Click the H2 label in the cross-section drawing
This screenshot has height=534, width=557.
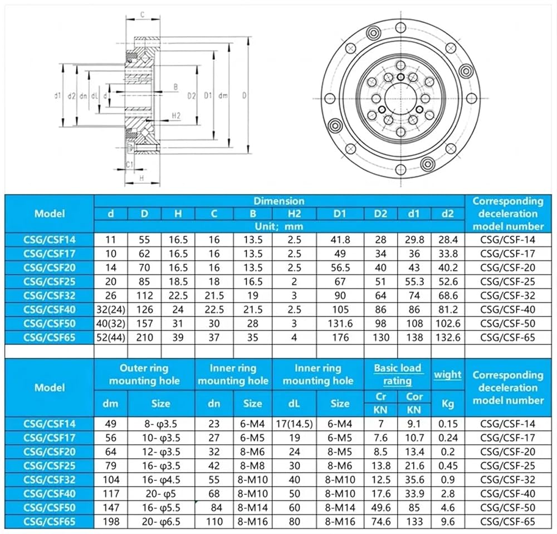point(176,115)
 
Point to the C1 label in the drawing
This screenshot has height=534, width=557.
point(129,164)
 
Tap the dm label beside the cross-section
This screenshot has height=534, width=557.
point(223,96)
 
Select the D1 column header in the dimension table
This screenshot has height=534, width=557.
point(340,213)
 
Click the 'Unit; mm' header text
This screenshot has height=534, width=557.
point(279,226)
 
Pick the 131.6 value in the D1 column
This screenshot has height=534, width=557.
point(340,323)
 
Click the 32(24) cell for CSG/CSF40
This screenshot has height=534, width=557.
point(111,310)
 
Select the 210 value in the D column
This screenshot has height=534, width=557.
point(144,337)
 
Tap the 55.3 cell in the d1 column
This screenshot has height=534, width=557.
point(414,281)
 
